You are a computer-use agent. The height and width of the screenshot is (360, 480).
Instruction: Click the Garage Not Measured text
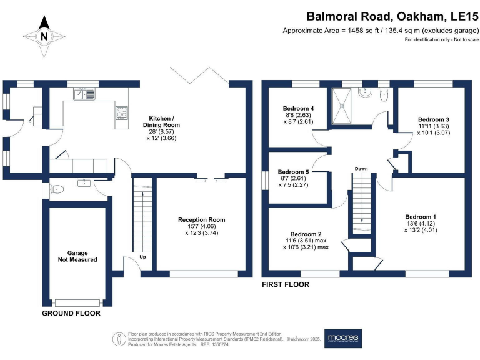(x=78, y=255)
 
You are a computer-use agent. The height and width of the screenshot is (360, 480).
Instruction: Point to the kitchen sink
(x=84, y=94)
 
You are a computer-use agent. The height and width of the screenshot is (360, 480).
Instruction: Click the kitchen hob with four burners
(x=121, y=112)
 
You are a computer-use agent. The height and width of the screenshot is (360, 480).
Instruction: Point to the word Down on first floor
(x=361, y=169)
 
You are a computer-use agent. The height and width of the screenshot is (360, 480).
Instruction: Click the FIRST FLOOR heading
(x=286, y=284)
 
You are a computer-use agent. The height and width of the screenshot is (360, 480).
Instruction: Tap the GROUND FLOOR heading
(x=71, y=312)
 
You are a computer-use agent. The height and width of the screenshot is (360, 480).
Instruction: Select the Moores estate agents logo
(x=343, y=338)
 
